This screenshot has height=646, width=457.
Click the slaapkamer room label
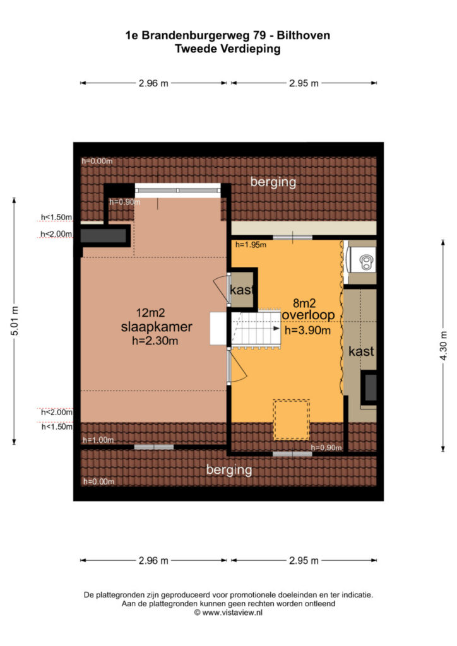pyautogui.click(x=157, y=327)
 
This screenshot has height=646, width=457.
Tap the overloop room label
pyautogui.click(x=308, y=315)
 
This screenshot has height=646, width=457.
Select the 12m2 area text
pyautogui.click(x=150, y=313)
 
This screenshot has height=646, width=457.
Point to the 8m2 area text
pyautogui.click(x=304, y=303)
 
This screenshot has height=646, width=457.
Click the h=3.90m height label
pyautogui.click(x=308, y=330)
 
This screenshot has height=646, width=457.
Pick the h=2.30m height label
pyautogui.click(x=155, y=341)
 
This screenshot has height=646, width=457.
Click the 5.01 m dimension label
pyautogui.click(x=15, y=321)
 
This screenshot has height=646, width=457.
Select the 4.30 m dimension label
pyautogui.click(x=443, y=346)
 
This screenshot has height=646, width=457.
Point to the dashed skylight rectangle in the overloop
pyautogui.click(x=292, y=419)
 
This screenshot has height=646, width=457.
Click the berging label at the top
pyautogui.click(x=273, y=182)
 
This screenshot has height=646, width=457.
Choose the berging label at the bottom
pyautogui.click(x=229, y=469)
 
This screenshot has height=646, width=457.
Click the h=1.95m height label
pyautogui.click(x=251, y=245)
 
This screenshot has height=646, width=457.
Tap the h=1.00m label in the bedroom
pyautogui.click(x=98, y=440)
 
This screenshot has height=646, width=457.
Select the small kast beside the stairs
pyautogui.click(x=242, y=290)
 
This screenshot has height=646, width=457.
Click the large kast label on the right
pyautogui.click(x=362, y=351)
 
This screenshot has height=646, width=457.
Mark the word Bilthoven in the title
pyautogui.click(x=303, y=35)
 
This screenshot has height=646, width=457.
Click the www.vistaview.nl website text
pyautogui.click(x=232, y=613)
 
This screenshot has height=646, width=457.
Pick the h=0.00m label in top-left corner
pyautogui.click(x=97, y=161)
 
